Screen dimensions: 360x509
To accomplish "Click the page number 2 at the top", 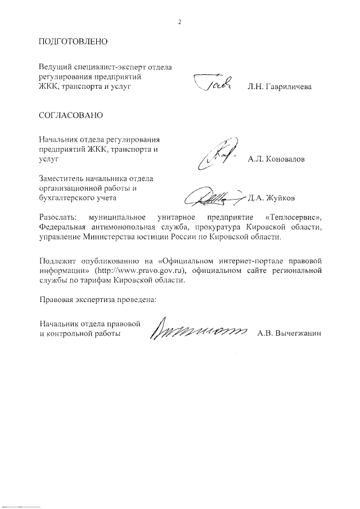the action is pos(179,22).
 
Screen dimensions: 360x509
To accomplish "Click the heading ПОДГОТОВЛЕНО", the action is pos(73,42).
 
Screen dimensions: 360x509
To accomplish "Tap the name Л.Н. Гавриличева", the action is pos(279,88).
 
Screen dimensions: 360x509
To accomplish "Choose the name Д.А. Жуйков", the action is pos(272,197).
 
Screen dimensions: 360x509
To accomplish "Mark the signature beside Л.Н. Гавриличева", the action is pos(213,85).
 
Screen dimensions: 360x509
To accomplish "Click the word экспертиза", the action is pos(101,299).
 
